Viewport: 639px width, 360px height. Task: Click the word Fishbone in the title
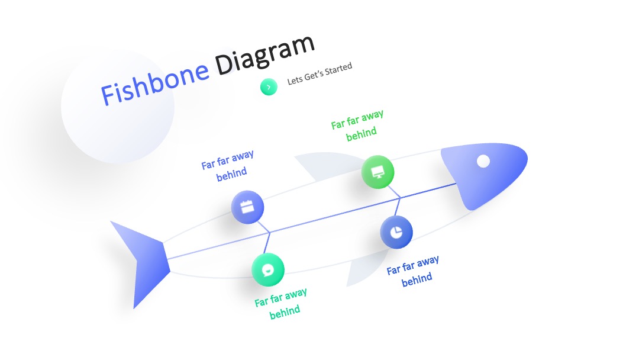click(155, 83)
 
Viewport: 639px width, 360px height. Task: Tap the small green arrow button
click(269, 87)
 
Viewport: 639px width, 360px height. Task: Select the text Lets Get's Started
click(319, 74)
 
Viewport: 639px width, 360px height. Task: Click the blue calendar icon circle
click(247, 207)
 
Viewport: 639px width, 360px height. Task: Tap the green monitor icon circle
click(377, 172)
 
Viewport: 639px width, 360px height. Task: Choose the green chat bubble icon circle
click(268, 269)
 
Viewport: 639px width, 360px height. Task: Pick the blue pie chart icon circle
click(396, 232)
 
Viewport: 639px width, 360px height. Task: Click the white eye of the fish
click(483, 161)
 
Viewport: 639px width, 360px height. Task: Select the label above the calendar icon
click(228, 166)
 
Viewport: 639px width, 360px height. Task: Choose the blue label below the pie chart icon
click(414, 271)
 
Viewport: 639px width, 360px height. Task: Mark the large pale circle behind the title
click(118, 107)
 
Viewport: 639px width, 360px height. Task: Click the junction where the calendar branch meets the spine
click(270, 232)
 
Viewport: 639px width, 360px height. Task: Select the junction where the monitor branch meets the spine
click(400, 198)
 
